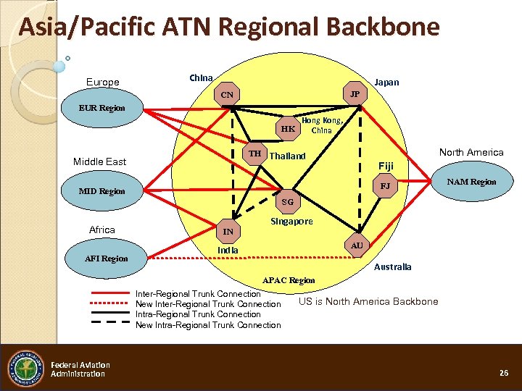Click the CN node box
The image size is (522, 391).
227,95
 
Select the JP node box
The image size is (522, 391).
355,95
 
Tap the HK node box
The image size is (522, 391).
288,128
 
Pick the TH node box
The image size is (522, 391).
254,154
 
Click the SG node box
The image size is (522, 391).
288,202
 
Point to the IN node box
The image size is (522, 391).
228,232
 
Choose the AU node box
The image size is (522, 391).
356,245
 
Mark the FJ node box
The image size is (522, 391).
386,186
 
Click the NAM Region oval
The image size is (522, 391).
472,182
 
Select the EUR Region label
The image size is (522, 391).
102,108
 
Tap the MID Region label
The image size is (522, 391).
102,191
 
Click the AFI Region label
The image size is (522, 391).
106,258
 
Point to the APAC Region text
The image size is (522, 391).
288,280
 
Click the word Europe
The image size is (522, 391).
102,82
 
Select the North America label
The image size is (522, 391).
471,152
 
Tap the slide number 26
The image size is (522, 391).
504,372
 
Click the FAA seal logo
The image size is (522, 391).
25,369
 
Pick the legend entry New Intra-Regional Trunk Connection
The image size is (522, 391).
208,325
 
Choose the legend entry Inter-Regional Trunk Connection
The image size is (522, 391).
198,293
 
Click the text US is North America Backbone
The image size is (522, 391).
368,301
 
